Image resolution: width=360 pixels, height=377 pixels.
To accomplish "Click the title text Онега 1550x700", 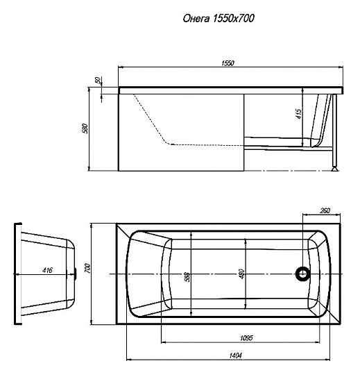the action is click(218, 18).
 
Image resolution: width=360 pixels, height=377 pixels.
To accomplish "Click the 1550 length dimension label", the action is click(228, 63).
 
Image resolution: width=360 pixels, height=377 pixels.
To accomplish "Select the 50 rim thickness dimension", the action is click(98, 80).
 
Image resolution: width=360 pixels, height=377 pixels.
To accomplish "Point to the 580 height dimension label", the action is click(86, 128).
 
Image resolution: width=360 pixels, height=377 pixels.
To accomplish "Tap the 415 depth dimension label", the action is click(298, 113).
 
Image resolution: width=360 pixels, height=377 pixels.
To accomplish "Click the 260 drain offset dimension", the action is click(325, 210).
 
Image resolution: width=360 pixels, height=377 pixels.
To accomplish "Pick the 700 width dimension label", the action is click(88, 268).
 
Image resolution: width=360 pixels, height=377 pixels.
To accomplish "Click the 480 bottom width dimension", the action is click(242, 274).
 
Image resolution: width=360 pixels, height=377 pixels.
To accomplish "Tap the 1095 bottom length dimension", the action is click(246, 338).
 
